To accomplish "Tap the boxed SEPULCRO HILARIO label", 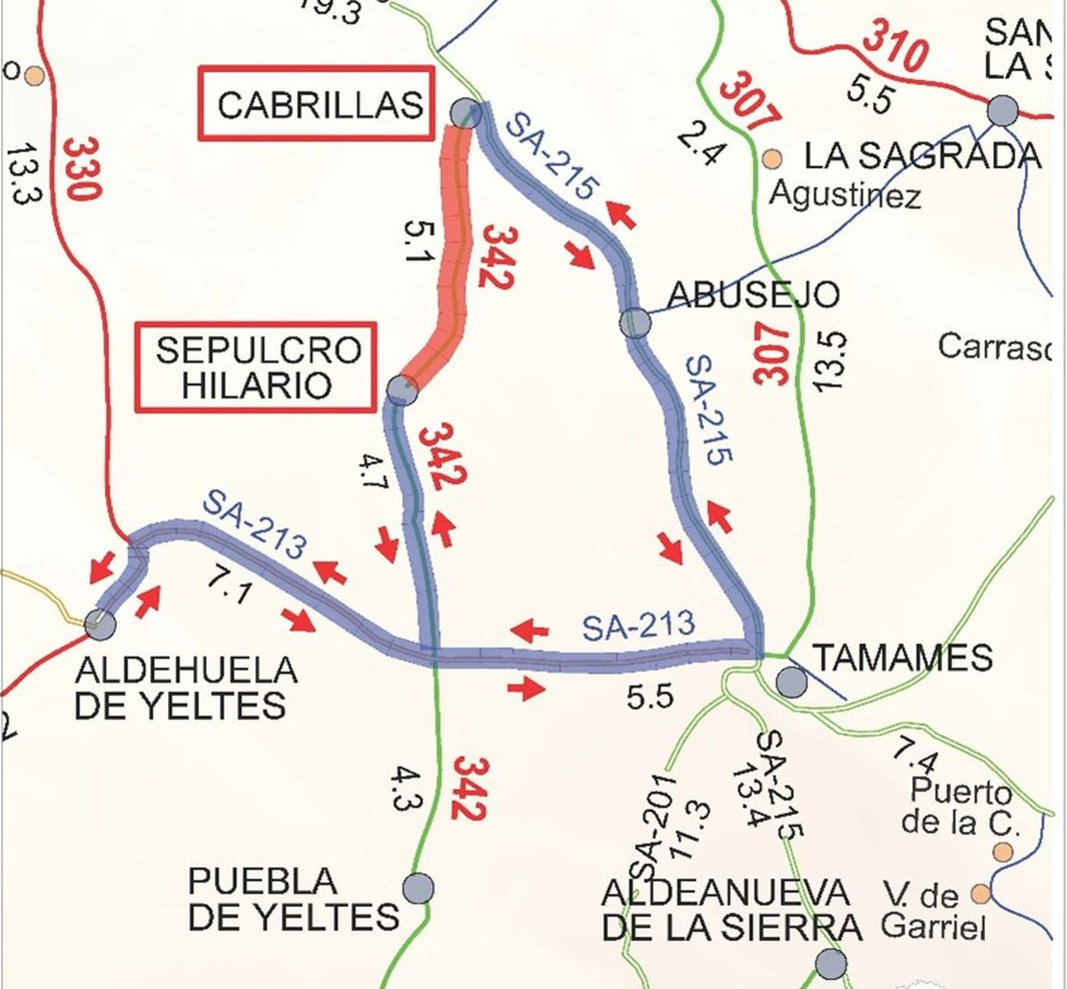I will (257, 367).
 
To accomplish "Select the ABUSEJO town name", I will (752, 294).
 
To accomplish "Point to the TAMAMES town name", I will (903, 658).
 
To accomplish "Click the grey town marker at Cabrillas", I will (465, 114).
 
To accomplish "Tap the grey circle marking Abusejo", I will (636, 322).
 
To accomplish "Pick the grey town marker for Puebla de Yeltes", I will (418, 888).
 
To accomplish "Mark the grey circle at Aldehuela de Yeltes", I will (100, 623).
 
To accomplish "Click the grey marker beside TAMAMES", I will (791, 682).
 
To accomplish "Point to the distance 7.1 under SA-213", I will (229, 586).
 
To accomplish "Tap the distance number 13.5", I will (830, 361).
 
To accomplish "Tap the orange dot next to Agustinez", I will (772, 159).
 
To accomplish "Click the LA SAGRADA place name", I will (921, 156).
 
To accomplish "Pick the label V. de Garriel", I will (934, 911).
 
